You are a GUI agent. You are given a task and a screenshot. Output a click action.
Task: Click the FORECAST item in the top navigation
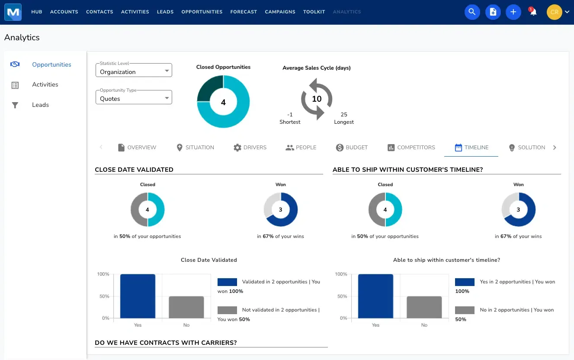244,12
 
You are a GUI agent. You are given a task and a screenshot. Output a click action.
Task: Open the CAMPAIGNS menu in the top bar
280,12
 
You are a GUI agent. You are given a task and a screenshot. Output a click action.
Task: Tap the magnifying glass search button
472,12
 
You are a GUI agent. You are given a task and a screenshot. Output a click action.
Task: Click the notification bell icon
533,12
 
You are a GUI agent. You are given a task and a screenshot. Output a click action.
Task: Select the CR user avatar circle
554,12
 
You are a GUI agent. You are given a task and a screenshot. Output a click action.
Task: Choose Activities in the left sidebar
45,85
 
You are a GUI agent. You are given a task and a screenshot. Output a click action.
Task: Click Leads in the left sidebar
40,105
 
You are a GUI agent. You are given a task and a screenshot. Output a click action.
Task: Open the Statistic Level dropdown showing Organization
134,71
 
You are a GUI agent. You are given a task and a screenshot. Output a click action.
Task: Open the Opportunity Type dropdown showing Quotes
134,97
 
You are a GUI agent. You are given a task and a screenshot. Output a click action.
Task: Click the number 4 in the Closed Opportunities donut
223,103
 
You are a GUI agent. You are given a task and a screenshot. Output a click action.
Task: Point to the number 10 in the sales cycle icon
317,99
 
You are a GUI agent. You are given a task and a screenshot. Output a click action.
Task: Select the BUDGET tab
352,148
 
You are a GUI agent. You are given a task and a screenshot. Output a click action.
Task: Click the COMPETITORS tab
411,148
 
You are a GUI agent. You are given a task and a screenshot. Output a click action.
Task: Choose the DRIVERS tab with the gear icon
250,148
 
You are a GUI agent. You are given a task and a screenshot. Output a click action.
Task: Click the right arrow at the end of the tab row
555,148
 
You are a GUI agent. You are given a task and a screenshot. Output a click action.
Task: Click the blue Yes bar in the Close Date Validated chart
138,296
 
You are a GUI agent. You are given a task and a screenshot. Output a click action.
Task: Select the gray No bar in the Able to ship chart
424,307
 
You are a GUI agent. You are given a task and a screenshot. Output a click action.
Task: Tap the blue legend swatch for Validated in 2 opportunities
227,282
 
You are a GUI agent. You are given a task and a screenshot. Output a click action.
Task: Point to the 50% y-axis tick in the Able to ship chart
341,296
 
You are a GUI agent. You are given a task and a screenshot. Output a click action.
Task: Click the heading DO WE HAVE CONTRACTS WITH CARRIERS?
166,343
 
